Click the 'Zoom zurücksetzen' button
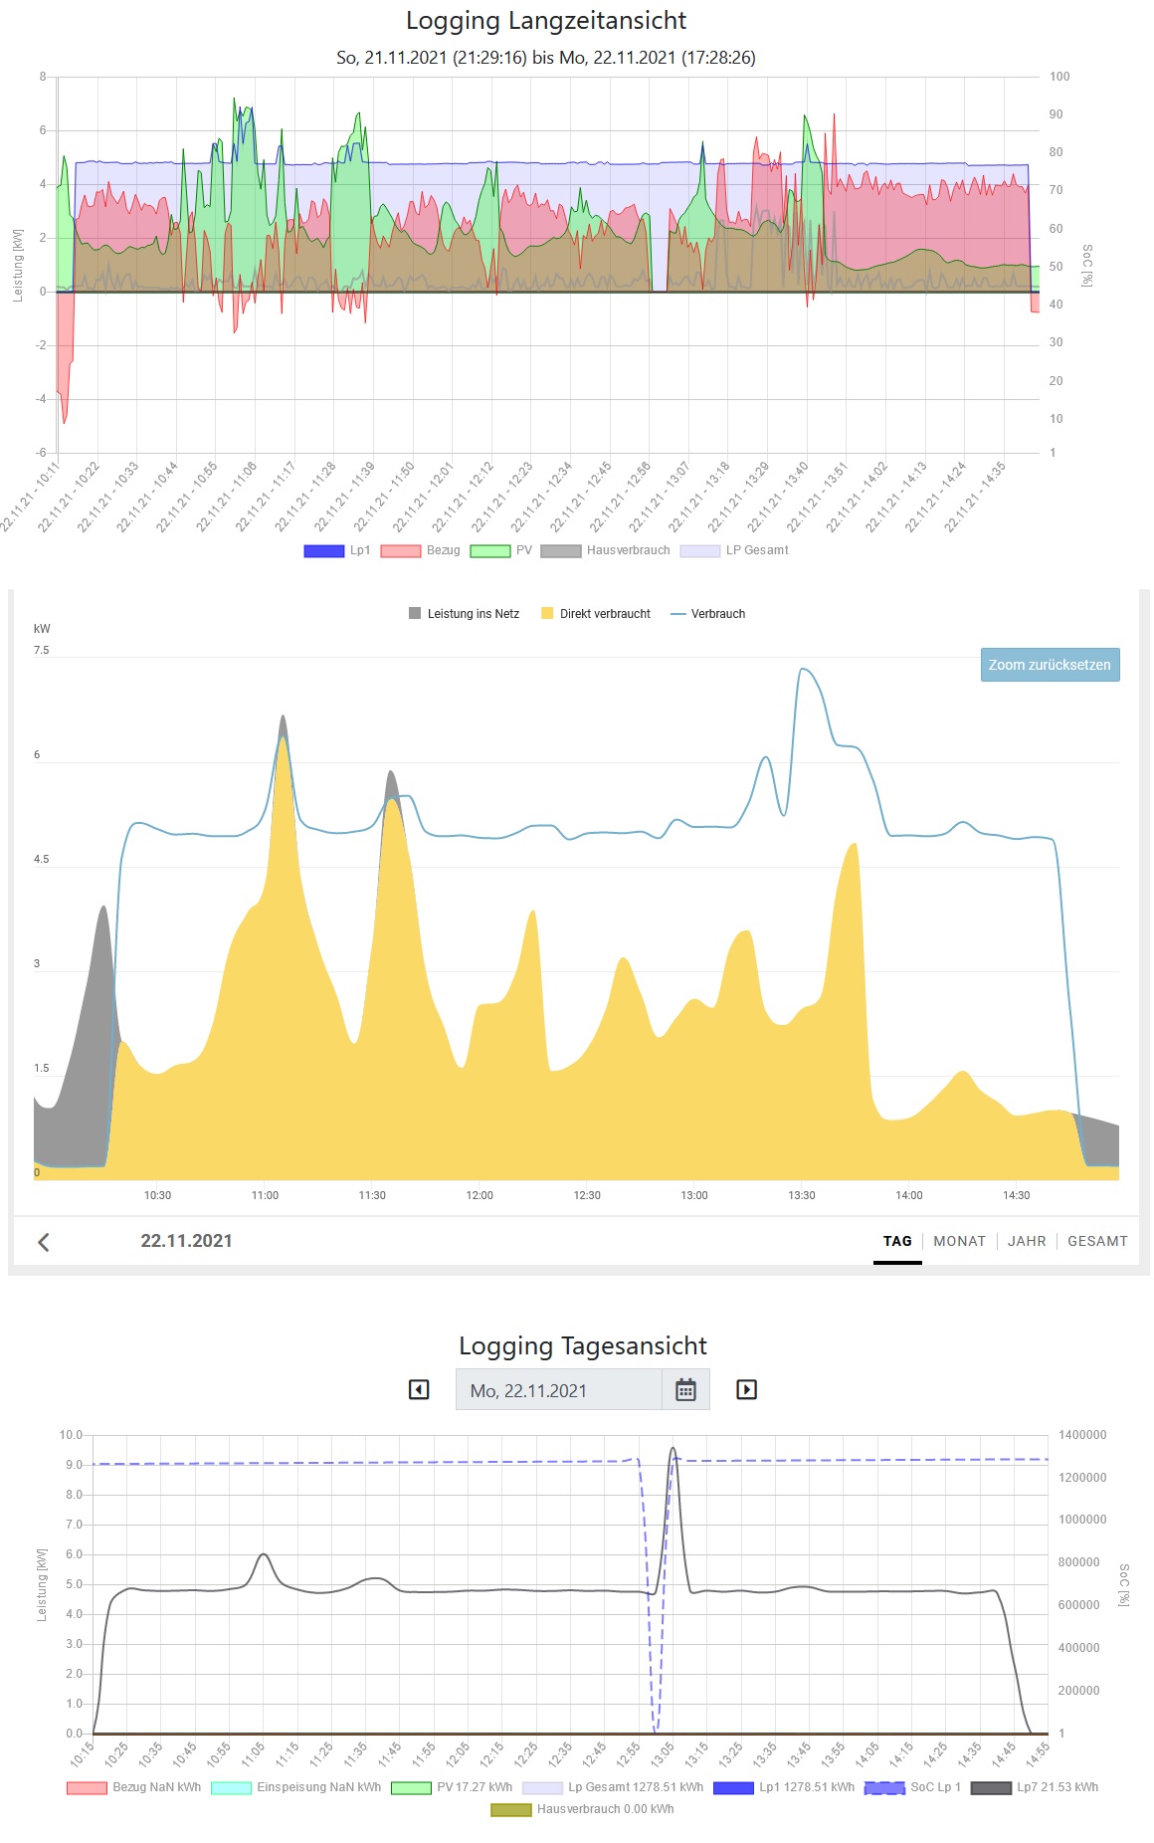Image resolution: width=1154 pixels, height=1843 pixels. pyautogui.click(x=1050, y=665)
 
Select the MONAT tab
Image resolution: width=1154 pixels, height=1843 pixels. pyautogui.click(x=959, y=1241)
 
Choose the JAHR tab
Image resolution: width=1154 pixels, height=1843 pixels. pyautogui.click(x=1027, y=1241)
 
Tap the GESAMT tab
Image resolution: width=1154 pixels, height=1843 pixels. pyautogui.click(x=1097, y=1241)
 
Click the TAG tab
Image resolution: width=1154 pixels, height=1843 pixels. pyautogui.click(x=897, y=1241)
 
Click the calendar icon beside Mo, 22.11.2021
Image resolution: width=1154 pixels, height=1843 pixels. pyautogui.click(x=685, y=1390)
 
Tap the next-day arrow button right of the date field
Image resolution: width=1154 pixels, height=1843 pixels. pyautogui.click(x=746, y=1389)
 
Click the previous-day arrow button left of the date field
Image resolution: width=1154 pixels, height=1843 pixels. pyautogui.click(x=419, y=1389)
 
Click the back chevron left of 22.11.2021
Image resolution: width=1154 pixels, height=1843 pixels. pyautogui.click(x=44, y=1242)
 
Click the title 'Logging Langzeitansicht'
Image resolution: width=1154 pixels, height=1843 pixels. pyautogui.click(x=546, y=21)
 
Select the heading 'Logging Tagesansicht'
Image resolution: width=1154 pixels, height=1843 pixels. pyautogui.click(x=583, y=1346)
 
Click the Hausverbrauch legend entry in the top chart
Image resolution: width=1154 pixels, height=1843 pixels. pyautogui.click(x=606, y=550)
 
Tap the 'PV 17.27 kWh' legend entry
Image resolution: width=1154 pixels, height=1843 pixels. pyautogui.click(x=452, y=1787)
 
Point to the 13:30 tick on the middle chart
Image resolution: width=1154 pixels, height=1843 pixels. pyautogui.click(x=802, y=1195)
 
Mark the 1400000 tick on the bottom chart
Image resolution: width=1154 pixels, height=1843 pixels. pyautogui.click(x=1082, y=1435)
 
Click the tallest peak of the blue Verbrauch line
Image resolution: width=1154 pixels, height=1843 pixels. pyautogui.click(x=804, y=670)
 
